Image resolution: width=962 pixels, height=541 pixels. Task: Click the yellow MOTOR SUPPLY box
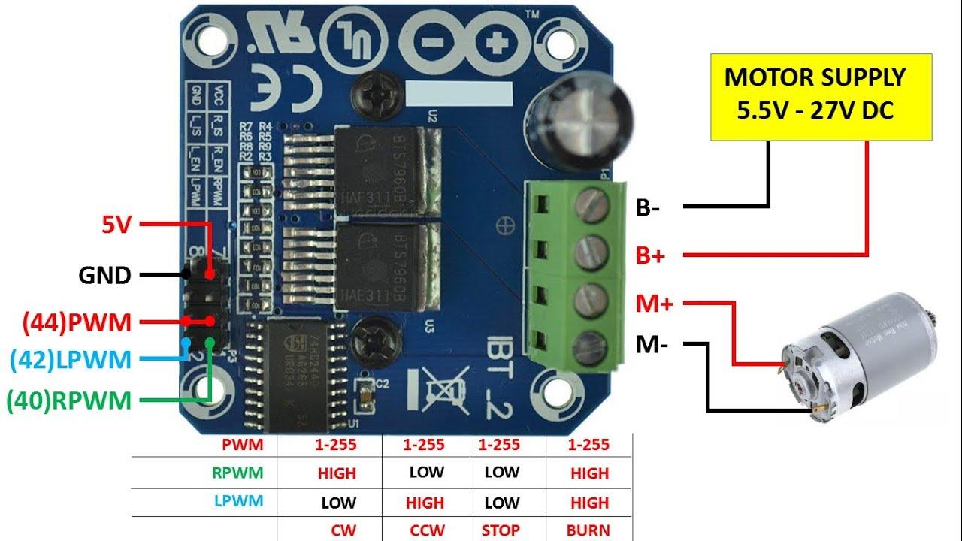815,96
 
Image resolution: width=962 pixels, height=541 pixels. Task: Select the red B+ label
651,255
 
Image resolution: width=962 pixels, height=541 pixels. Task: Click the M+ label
653,304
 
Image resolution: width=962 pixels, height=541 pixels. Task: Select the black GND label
104,276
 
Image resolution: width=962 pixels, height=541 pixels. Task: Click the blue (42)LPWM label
71,360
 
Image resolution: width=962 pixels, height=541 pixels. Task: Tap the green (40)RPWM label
68,401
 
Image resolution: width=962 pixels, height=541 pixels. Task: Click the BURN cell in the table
588,530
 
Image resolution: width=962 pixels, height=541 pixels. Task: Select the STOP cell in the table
500,530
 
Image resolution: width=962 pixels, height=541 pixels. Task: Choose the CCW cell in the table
427,530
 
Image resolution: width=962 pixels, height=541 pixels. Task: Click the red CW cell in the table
343,530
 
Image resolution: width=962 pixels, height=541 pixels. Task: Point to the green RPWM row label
237,473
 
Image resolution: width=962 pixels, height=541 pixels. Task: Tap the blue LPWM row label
239,501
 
